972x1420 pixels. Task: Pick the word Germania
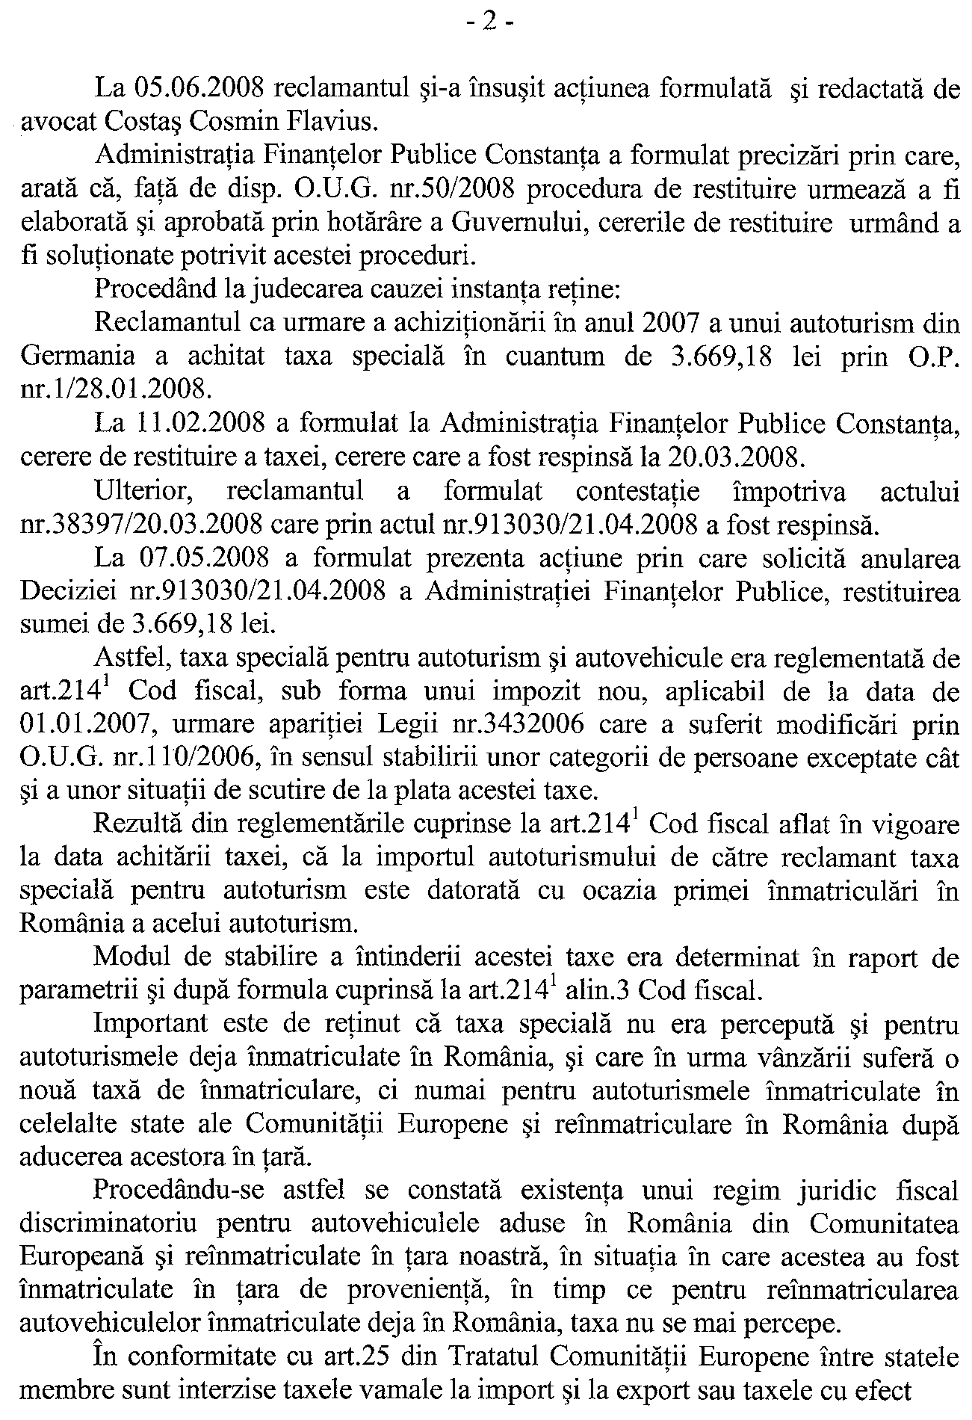point(78,356)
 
